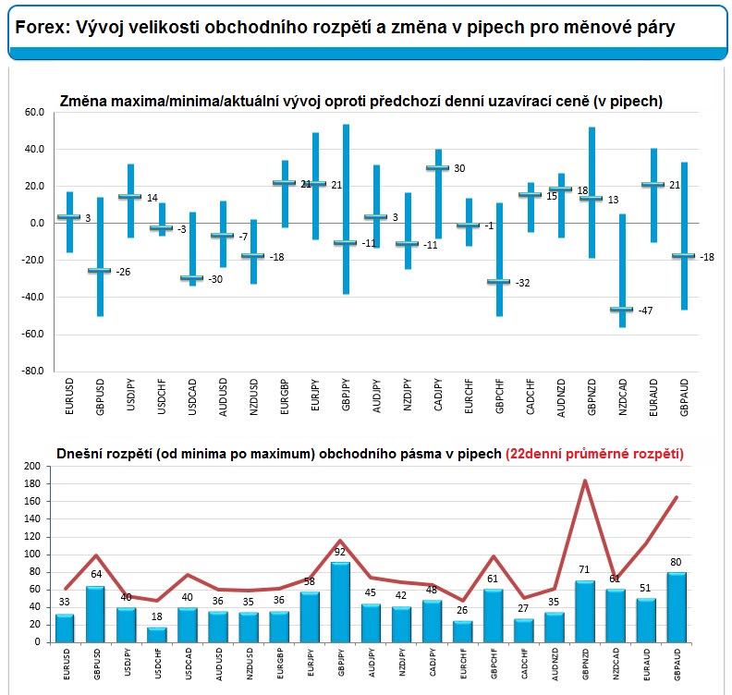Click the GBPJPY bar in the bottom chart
340,602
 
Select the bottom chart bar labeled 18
157,634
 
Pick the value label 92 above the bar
340,553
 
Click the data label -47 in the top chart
646,311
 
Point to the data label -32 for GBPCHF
524,283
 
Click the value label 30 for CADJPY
459,168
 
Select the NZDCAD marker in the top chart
621,310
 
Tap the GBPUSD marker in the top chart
100,270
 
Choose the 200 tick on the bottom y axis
31,467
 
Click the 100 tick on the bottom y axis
31,555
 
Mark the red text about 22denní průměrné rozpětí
594,453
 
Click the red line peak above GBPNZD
584,481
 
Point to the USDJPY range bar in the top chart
130,201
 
